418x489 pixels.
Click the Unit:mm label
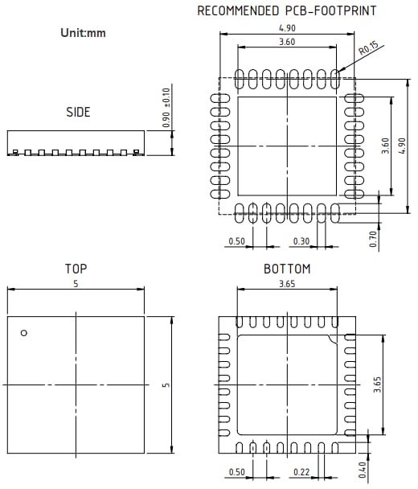pyautogui.click(x=83, y=34)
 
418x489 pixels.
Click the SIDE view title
pyautogui.click(x=78, y=113)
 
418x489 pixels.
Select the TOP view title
pyautogui.click(x=76, y=269)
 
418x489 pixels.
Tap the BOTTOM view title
pyautogui.click(x=287, y=269)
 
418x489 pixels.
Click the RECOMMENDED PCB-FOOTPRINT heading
pyautogui.click(x=287, y=11)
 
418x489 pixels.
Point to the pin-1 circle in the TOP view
pyautogui.click(x=24, y=333)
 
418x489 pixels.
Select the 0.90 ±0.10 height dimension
pyautogui.click(x=167, y=108)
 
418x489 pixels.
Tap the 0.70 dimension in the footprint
pyautogui.click(x=374, y=240)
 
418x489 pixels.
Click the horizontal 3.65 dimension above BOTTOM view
pyautogui.click(x=287, y=284)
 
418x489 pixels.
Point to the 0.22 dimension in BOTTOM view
pyautogui.click(x=301, y=471)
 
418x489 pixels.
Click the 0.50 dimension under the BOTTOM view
pyautogui.click(x=237, y=471)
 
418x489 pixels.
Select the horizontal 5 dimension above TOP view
pyautogui.click(x=76, y=284)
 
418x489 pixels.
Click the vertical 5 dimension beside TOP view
pyautogui.click(x=166, y=384)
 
